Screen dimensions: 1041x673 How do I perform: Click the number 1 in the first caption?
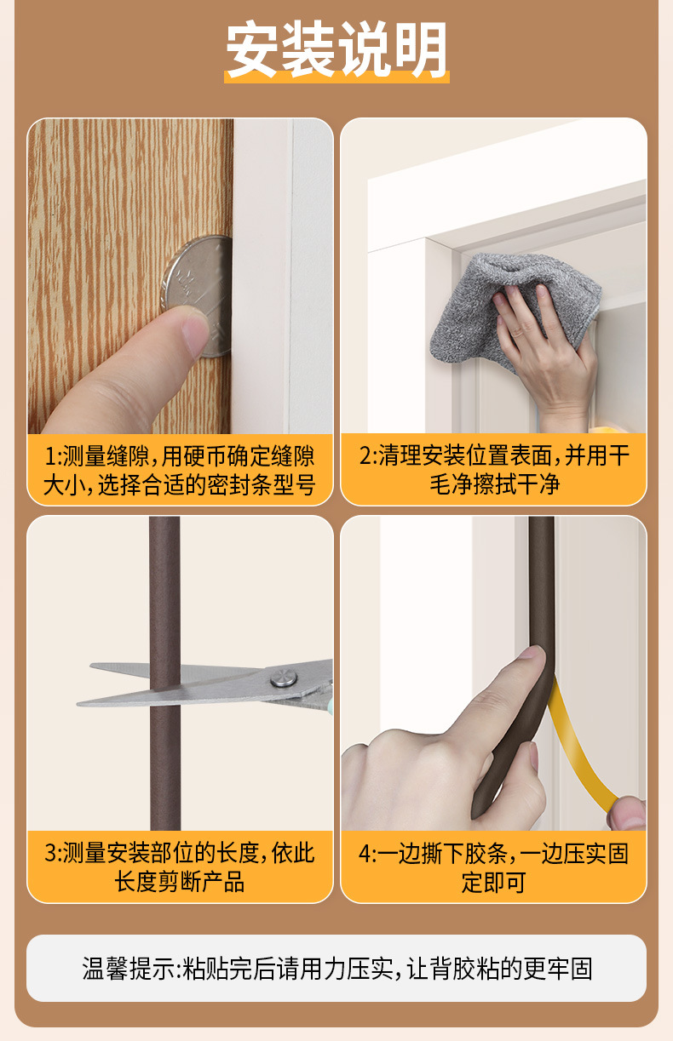[49, 455]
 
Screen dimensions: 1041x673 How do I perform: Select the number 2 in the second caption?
[365, 455]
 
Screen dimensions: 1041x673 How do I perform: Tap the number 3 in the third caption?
[50, 853]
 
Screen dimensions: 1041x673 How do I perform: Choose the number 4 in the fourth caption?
[365, 853]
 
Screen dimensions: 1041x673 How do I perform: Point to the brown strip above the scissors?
[164, 587]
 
